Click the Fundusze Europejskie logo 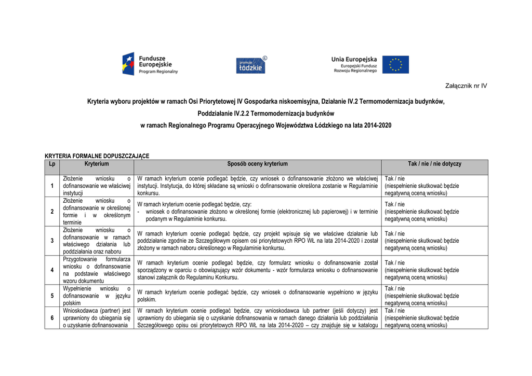pyautogui.click(x=150, y=64)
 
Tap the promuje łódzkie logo pyautogui.click(x=251, y=65)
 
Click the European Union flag pyautogui.click(x=395, y=65)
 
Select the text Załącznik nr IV pyautogui.click(x=466, y=86)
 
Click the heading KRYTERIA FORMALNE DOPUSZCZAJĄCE pyautogui.click(x=97, y=156)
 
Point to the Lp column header pyautogui.click(x=52, y=164)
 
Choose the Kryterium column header pyautogui.click(x=97, y=164)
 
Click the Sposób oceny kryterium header pyautogui.click(x=257, y=164)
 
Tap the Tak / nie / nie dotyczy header pyautogui.click(x=434, y=164)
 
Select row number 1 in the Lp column pyautogui.click(x=52, y=186)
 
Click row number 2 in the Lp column pyautogui.click(x=52, y=212)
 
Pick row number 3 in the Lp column pyautogui.click(x=52, y=241)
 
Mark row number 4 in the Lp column pyautogui.click(x=52, y=270)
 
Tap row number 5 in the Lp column pyautogui.click(x=52, y=296)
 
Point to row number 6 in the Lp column pyautogui.click(x=52, y=318)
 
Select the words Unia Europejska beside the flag pyautogui.click(x=354, y=59)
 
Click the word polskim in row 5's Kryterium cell pyautogui.click(x=72, y=303)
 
